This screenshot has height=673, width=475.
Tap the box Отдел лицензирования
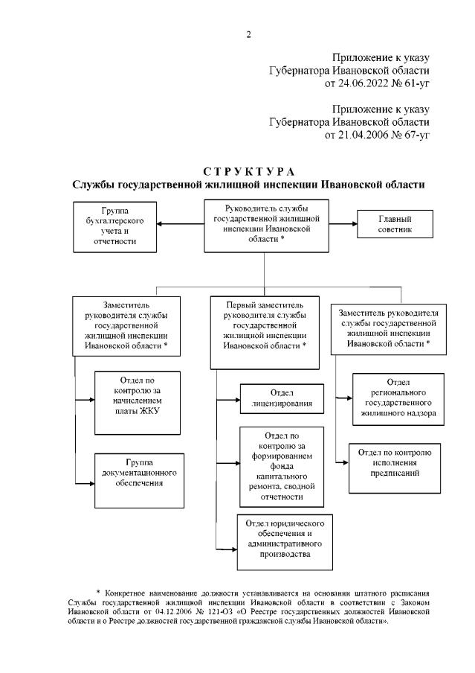click(x=281, y=398)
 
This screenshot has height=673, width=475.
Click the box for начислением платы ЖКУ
click(x=138, y=403)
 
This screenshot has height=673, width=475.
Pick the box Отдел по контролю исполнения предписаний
click(x=395, y=462)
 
